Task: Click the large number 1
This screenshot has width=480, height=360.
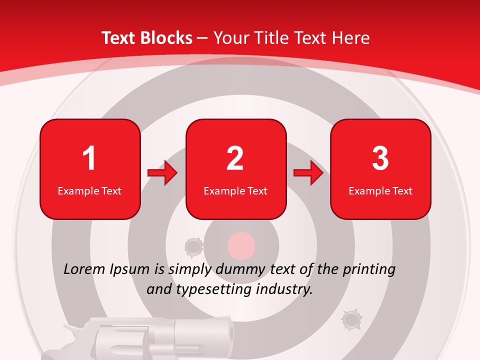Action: tap(89, 158)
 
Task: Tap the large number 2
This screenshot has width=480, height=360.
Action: tap(235, 158)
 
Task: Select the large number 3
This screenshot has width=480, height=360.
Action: tap(380, 158)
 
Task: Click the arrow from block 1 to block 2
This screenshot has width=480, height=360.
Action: tap(163, 173)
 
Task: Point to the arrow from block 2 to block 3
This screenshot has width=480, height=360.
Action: tap(308, 173)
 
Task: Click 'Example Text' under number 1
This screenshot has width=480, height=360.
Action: tap(89, 191)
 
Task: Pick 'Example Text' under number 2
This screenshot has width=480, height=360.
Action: tap(235, 191)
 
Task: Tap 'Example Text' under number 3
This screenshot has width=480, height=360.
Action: tap(380, 191)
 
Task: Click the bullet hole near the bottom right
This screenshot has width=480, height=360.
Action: tap(351, 319)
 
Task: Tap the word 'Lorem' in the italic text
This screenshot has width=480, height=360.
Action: tap(85, 269)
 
